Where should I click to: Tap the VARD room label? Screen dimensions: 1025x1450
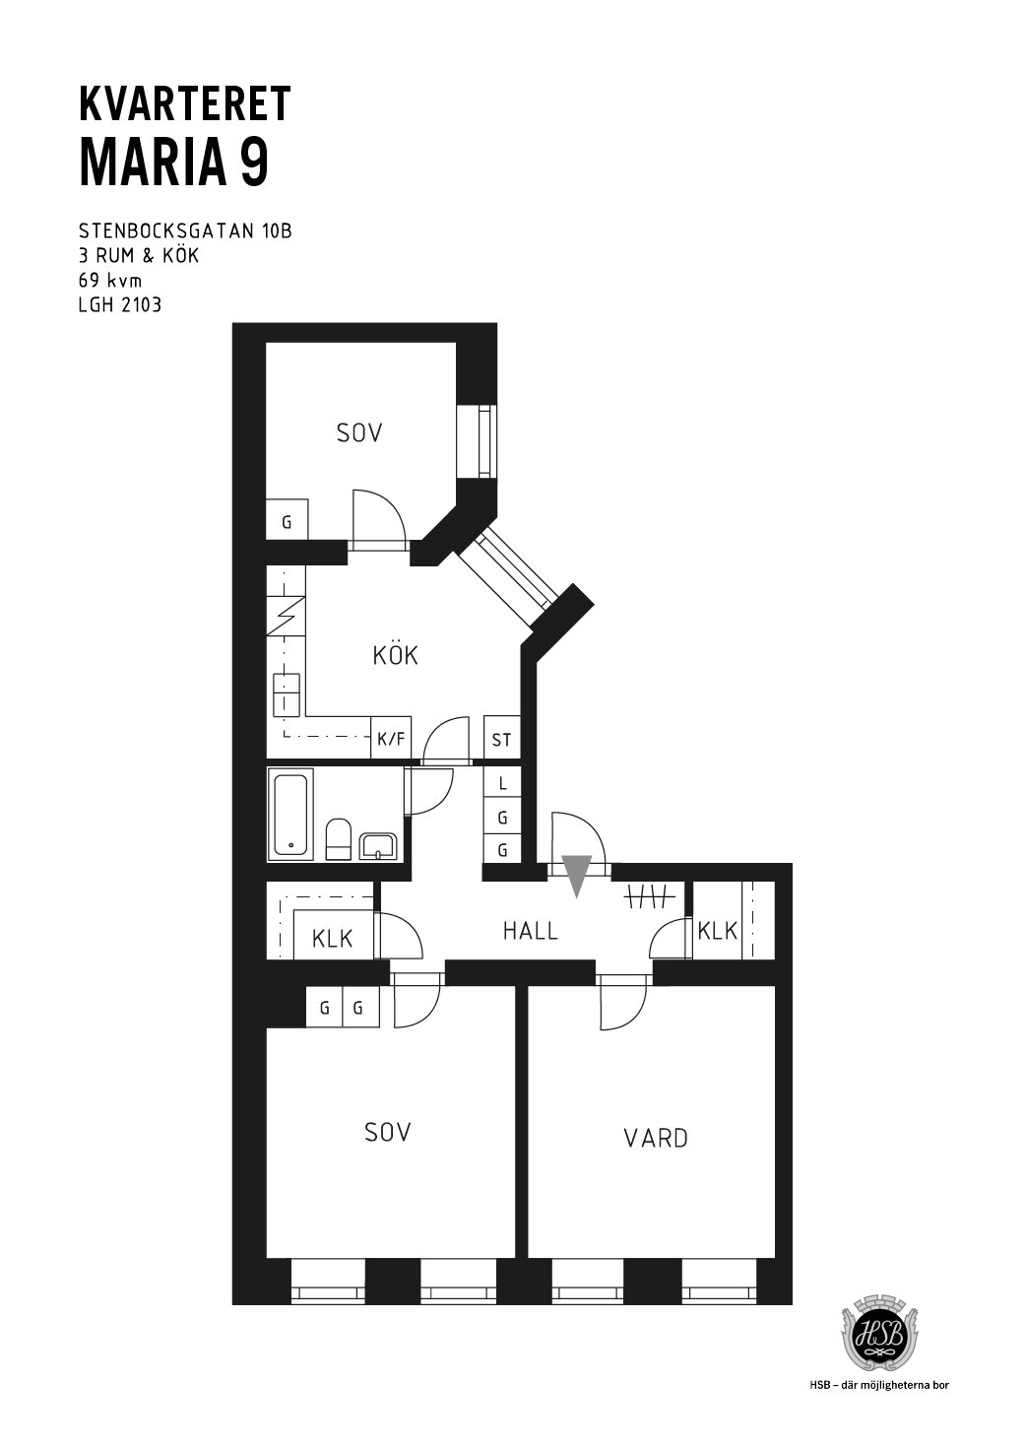click(656, 1138)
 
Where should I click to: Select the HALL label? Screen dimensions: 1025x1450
click(530, 932)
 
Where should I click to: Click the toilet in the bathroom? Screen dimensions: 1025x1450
click(338, 839)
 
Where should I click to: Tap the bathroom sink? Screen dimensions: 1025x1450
click(377, 845)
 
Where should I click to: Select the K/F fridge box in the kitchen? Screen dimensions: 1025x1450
click(391, 737)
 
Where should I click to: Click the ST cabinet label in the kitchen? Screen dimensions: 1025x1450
click(501, 739)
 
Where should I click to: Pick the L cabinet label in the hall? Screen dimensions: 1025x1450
click(502, 784)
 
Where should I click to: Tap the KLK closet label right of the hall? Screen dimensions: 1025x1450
click(718, 932)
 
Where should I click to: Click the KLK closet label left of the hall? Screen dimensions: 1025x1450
click(332, 939)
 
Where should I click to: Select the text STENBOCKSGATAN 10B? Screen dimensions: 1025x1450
click(185, 231)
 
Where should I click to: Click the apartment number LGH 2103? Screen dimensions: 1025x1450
click(120, 305)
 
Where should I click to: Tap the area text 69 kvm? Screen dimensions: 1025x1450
click(110, 281)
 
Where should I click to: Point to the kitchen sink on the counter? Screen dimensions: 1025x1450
click(286, 694)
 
